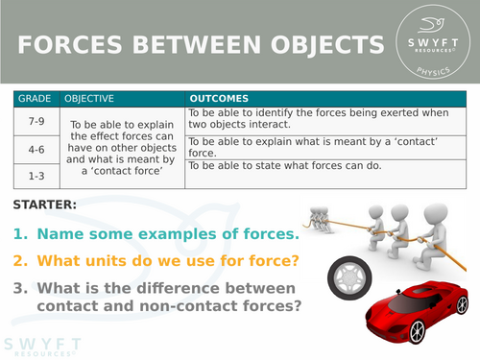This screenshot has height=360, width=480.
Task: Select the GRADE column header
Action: tap(37, 99)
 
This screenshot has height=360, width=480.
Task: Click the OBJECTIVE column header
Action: tap(89, 99)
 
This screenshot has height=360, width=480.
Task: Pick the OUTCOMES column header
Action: tap(220, 99)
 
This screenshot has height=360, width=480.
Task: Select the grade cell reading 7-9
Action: tap(37, 121)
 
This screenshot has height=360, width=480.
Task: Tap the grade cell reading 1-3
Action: tap(37, 176)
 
